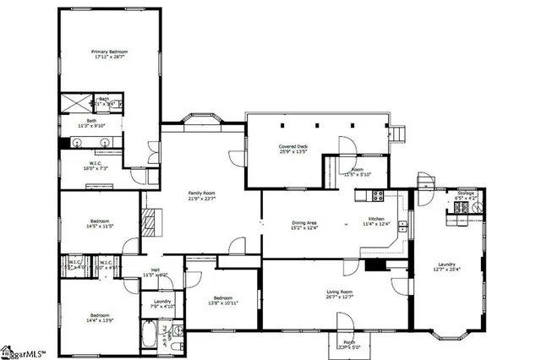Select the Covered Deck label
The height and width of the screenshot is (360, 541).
click(293, 150)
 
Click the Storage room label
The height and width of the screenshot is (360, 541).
click(466, 195)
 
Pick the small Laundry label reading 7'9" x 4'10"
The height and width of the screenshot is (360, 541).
click(162, 303)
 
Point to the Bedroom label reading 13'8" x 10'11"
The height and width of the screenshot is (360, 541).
click(223, 300)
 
